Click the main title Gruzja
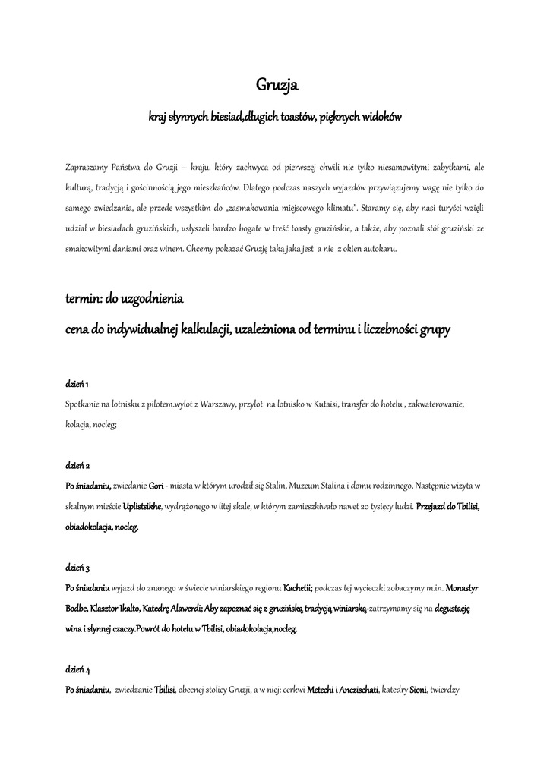pyautogui.click(x=276, y=86)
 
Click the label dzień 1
pyautogui.click(x=77, y=384)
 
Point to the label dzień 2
pyautogui.click(x=78, y=464)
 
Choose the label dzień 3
pyautogui.click(x=78, y=567)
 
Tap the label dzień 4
pyautogui.click(x=78, y=669)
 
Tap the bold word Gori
pyautogui.click(x=156, y=485)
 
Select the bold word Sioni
pyautogui.click(x=418, y=690)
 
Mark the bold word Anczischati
pyautogui.click(x=357, y=690)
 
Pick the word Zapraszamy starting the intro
pyautogui.click(x=87, y=166)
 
